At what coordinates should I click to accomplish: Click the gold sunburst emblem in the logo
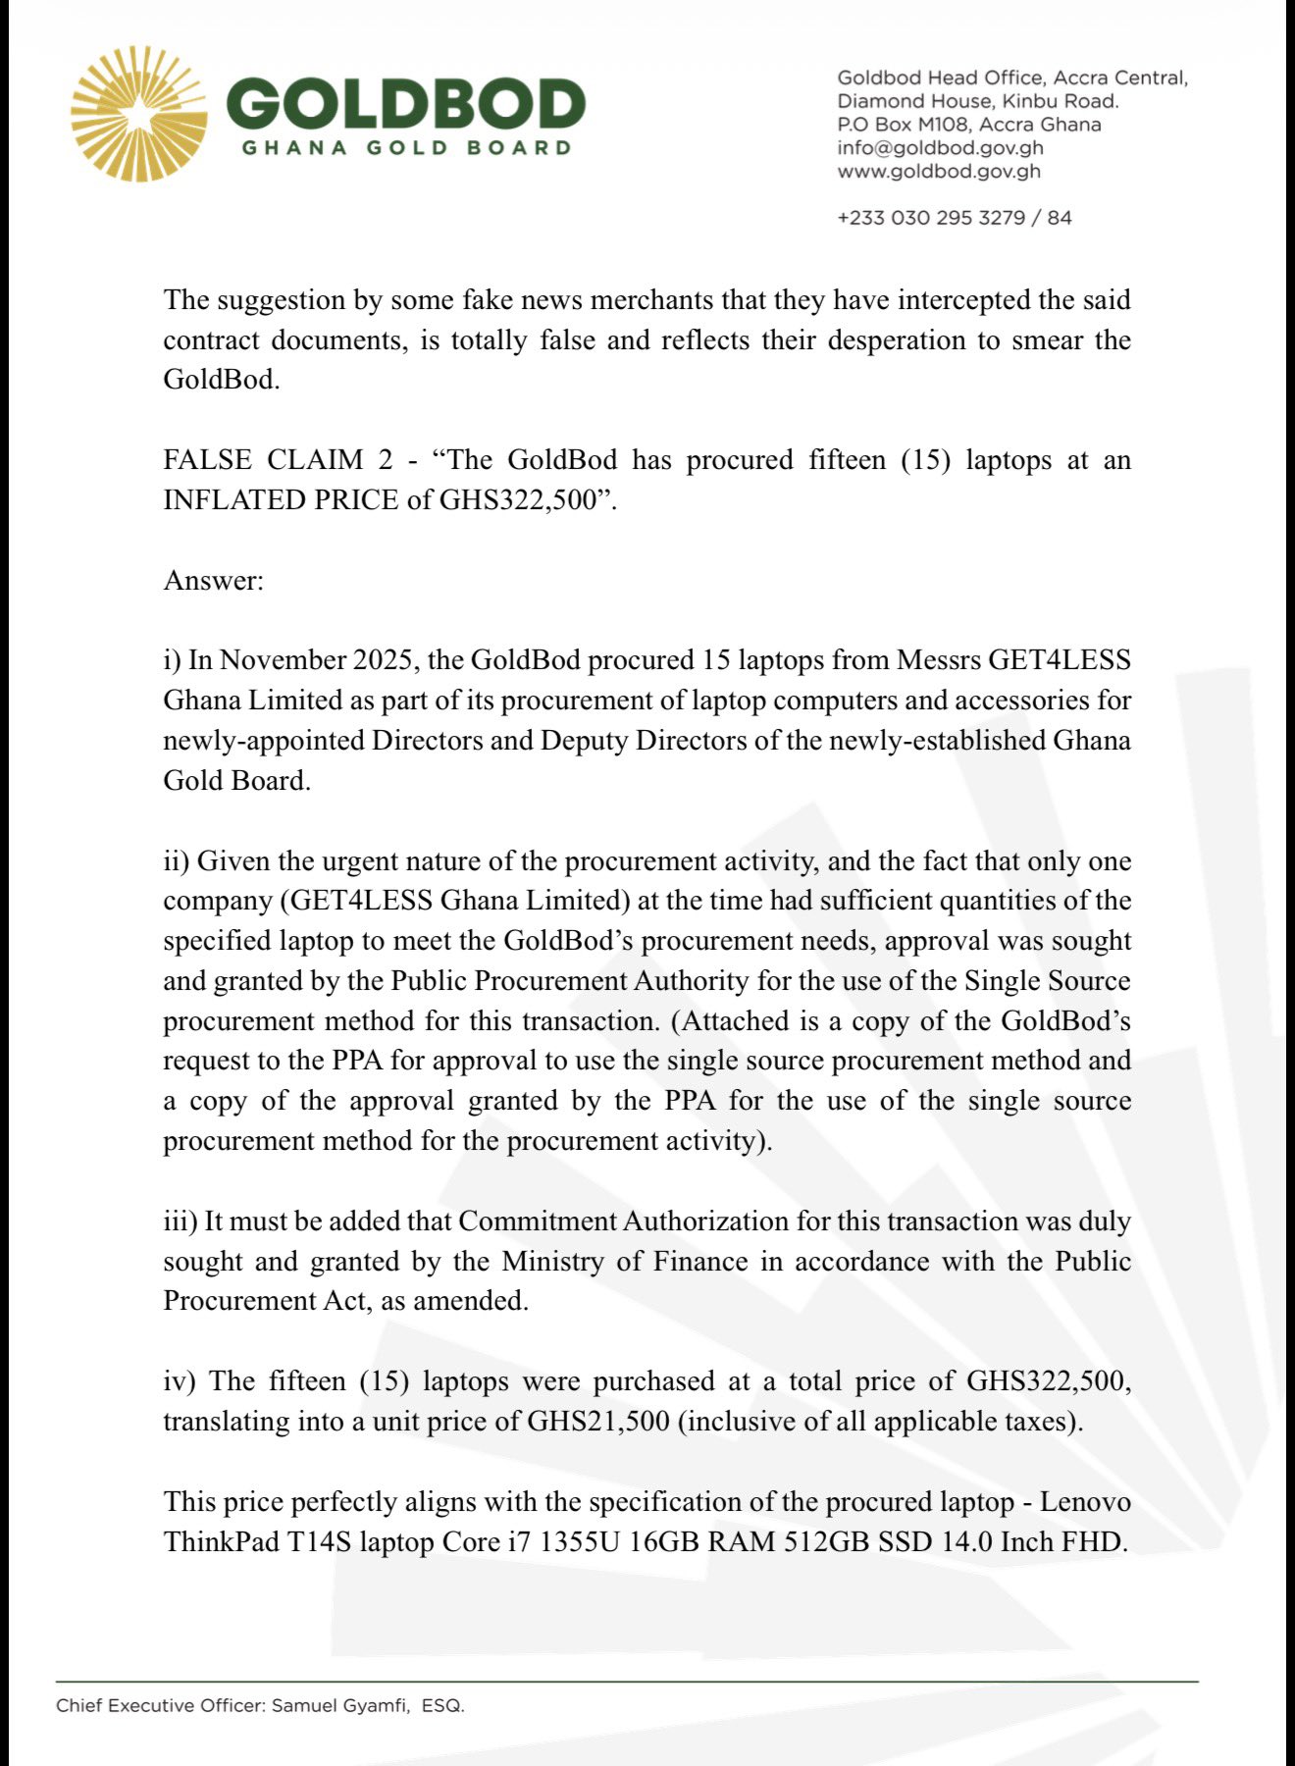(x=138, y=114)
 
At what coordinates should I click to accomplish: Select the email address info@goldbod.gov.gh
(x=940, y=148)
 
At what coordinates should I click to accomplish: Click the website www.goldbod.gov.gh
(x=939, y=172)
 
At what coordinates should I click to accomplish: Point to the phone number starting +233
(x=954, y=218)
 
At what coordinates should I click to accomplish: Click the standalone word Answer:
(x=214, y=581)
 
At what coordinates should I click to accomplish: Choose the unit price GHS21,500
(x=598, y=1422)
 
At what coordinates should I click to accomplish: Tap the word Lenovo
(x=1085, y=1502)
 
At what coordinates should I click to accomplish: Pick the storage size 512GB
(x=832, y=1542)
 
